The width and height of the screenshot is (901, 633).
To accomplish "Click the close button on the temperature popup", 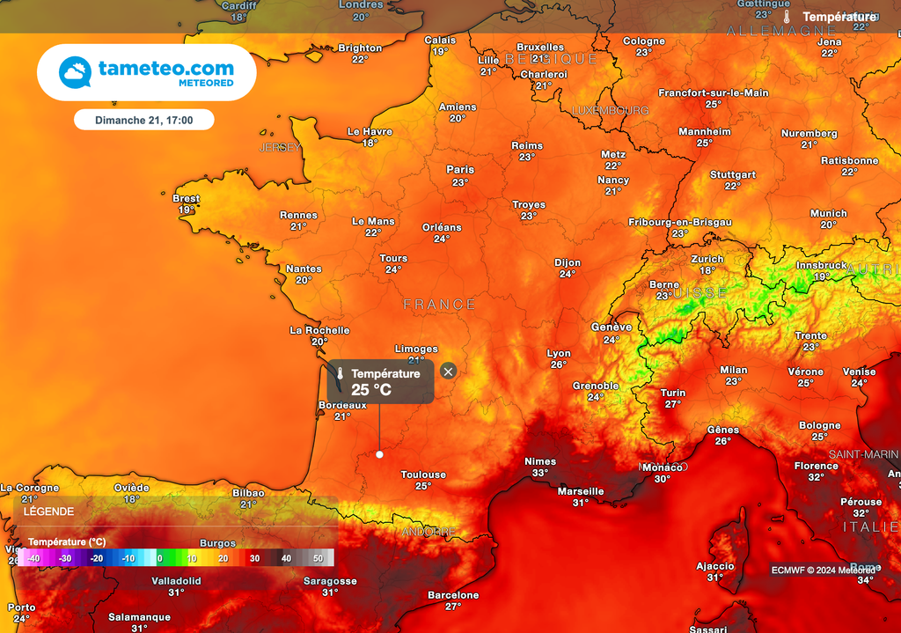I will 448,372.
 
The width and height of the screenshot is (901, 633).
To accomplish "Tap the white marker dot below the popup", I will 379,454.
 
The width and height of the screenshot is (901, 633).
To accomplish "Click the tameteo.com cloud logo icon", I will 76,72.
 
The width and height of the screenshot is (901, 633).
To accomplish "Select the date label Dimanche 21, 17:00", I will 143,120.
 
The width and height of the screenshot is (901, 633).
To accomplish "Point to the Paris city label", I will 460,170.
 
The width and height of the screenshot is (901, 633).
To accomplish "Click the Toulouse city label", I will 423,475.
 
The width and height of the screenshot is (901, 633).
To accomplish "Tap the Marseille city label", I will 581,491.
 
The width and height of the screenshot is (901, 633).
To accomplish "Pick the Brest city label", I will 187,199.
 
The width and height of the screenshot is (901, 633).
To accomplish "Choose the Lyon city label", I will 559,353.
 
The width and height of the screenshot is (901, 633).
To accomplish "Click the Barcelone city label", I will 453,595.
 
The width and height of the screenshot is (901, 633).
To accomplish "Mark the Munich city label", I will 829,213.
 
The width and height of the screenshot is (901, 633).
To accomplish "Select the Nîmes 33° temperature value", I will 540,473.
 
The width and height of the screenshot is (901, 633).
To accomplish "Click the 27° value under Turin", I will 673,404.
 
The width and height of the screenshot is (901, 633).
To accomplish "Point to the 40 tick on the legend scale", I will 286,558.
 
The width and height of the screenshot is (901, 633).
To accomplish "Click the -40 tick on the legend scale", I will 33,558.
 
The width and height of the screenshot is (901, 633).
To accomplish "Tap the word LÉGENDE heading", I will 48,511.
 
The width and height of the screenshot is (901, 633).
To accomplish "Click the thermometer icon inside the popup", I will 340,374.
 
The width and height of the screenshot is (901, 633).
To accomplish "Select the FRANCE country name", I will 439,305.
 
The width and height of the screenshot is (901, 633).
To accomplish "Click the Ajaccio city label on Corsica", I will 714,566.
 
